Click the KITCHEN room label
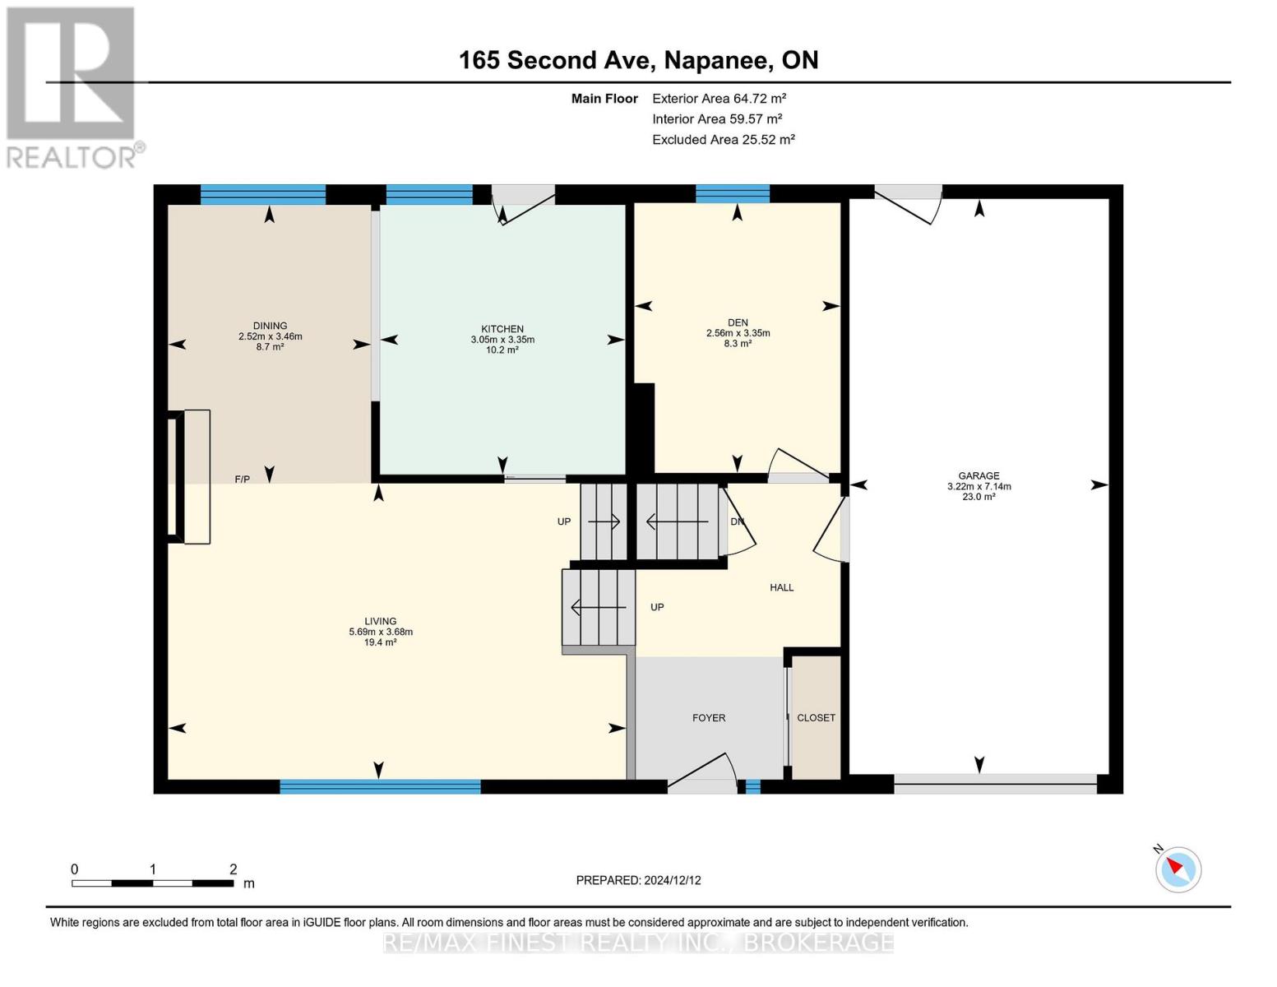point(502,329)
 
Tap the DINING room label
point(270,326)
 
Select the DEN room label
point(738,322)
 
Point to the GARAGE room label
point(979,475)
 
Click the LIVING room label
point(380,621)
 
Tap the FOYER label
point(709,718)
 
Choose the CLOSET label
point(816,718)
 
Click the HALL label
point(782,587)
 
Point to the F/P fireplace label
point(242,479)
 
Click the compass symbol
point(1178,869)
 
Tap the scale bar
point(153,883)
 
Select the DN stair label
point(737,521)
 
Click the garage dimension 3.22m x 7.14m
point(979,486)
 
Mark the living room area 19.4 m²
point(380,642)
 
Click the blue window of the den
point(732,193)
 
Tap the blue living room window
point(380,786)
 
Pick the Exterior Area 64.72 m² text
point(719,98)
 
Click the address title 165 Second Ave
point(553,60)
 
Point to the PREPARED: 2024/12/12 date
point(638,880)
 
